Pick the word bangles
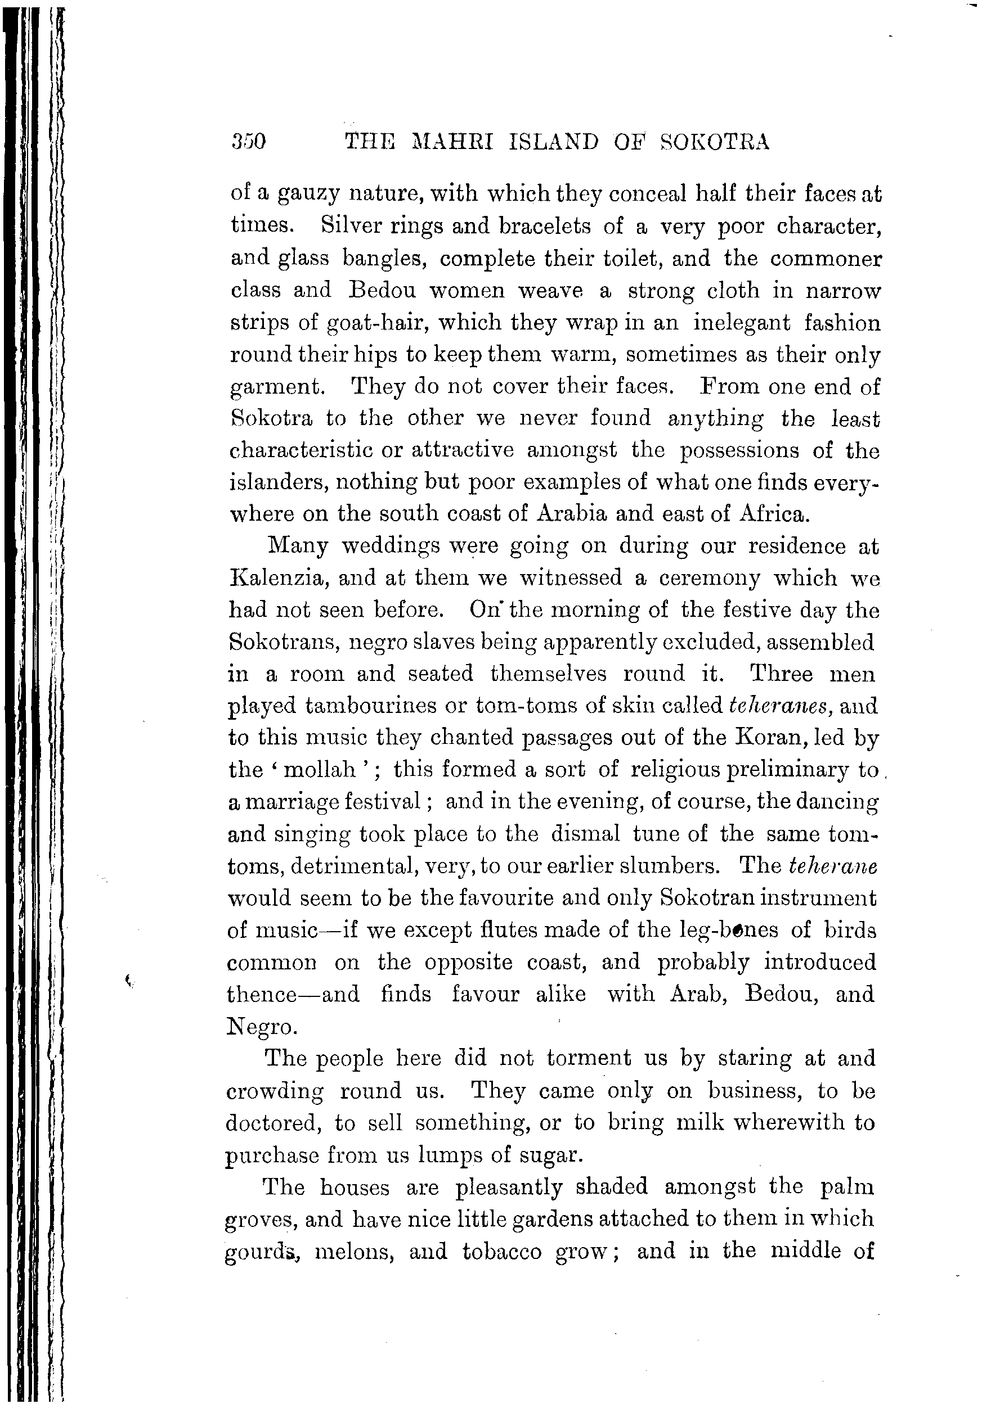(384, 259)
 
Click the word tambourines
(370, 706)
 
